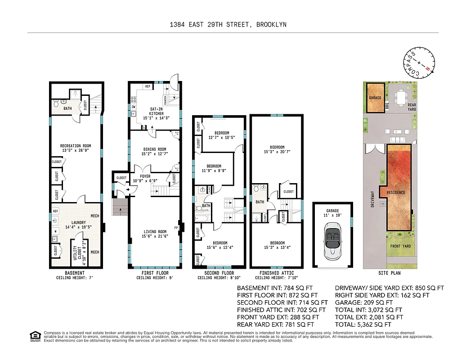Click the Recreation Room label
coord(76,148)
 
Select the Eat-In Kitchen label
coord(153,111)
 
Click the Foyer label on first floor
coord(145,179)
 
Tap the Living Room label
coord(154,234)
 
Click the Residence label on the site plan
coord(396,193)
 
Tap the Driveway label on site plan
coord(372,199)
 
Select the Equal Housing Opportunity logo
coord(34,336)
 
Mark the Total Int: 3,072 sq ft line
coord(368,310)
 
